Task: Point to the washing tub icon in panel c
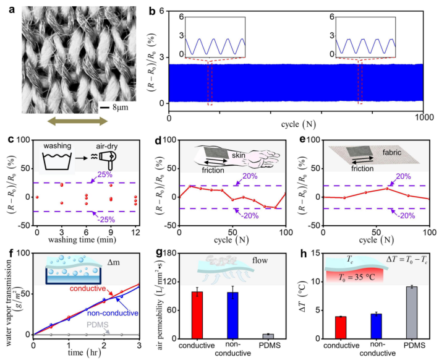coord(60,161)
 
